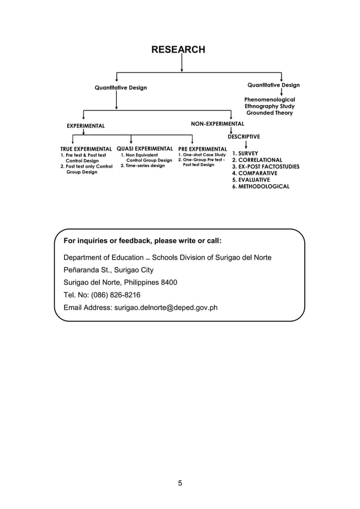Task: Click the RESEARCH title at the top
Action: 178,50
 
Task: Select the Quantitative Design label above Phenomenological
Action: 274,85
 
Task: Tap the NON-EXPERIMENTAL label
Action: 218,123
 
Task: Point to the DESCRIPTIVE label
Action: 244,137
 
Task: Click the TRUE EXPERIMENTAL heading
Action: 86,148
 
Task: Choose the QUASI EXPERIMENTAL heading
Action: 144,148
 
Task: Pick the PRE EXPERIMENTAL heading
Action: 203,148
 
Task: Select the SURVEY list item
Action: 248,153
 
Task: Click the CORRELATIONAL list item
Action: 259,160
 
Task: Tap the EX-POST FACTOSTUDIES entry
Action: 266,167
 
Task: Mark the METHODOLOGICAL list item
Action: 261,186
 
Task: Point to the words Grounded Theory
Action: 270,113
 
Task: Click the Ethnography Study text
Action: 269,106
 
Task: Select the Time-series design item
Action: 145,166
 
